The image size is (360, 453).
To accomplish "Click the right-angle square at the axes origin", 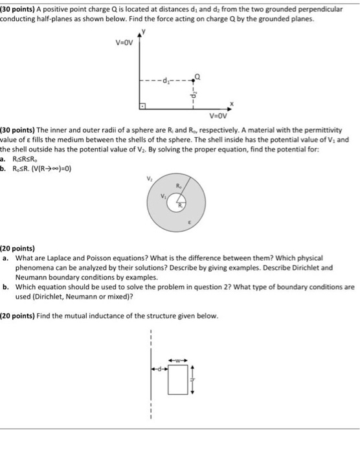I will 143,105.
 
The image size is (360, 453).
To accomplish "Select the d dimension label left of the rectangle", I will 158,370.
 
